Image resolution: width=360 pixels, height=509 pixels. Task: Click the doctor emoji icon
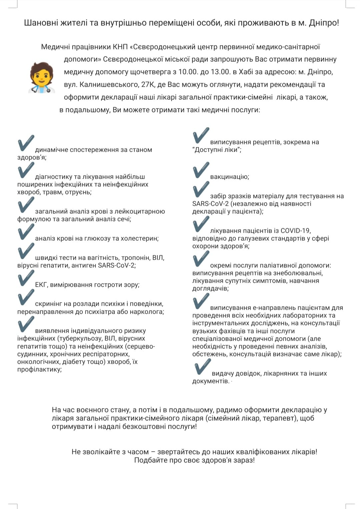click(x=41, y=77)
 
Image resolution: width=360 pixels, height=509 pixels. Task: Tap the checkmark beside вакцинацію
click(x=201, y=170)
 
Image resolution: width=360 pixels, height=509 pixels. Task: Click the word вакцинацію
click(x=229, y=177)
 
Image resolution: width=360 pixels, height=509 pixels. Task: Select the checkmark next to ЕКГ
click(x=26, y=278)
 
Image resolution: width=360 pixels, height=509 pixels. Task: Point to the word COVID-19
click(x=295, y=231)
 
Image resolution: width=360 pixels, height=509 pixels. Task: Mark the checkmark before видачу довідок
click(x=202, y=367)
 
